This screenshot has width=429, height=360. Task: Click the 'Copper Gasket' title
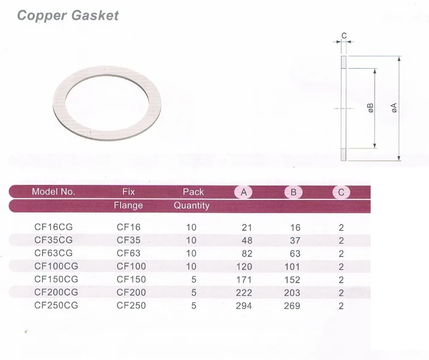(67, 15)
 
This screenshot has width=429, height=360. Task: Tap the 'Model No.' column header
(53, 192)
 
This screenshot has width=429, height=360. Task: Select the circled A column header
(244, 192)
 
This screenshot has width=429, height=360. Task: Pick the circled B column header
(293, 192)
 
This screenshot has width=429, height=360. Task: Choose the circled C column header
(341, 192)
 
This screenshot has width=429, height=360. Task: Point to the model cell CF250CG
(56, 306)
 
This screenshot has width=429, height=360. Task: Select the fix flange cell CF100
(131, 266)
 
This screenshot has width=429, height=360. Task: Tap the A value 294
(244, 306)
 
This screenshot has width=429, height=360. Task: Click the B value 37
(295, 241)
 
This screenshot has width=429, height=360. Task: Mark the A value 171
(244, 280)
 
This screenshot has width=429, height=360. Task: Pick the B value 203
(292, 293)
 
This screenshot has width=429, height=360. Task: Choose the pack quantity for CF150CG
(194, 280)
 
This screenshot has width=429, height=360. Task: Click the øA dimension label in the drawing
(394, 108)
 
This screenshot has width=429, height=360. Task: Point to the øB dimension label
(370, 108)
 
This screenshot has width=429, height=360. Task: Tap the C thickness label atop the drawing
(344, 36)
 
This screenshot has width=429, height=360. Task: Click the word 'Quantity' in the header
(191, 206)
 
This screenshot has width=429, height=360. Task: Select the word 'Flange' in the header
(128, 206)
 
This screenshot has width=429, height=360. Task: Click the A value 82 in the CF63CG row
(247, 254)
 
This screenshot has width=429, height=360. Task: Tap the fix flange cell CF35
(129, 240)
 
